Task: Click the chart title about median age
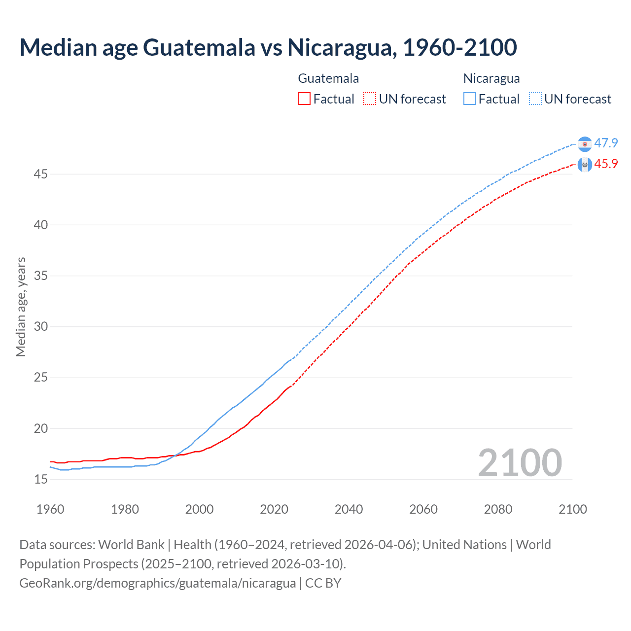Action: [268, 48]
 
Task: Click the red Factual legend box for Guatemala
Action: [304, 99]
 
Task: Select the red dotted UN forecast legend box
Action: [370, 99]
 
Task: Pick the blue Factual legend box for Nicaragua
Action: [470, 99]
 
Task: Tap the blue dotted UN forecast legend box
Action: [535, 99]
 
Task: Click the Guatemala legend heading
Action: [328, 78]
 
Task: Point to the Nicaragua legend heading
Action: [491, 78]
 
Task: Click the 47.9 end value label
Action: [606, 143]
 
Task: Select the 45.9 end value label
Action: [606, 164]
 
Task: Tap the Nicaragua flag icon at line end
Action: [585, 144]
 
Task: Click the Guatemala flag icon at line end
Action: [585, 165]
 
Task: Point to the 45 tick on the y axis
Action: [41, 175]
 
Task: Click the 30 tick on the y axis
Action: [41, 327]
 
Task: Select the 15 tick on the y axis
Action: [41, 479]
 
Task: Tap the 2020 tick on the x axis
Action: [274, 509]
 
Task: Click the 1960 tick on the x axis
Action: [50, 509]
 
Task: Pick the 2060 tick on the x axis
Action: [423, 509]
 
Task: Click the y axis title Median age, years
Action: [21, 307]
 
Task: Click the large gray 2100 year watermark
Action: [520, 462]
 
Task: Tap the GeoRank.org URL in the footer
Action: [158, 583]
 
